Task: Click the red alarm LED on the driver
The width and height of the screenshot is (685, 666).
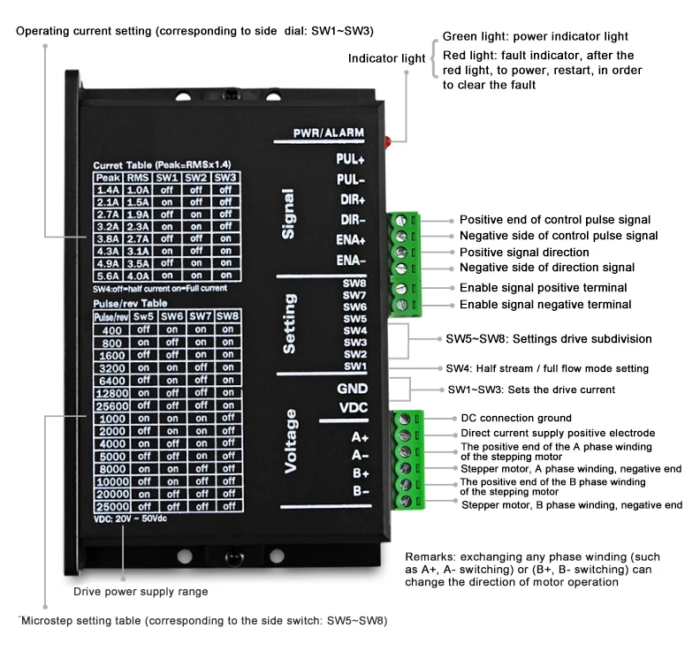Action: click(x=387, y=142)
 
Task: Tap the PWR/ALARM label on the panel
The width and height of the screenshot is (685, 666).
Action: click(x=329, y=133)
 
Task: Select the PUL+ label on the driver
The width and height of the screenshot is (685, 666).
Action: click(x=350, y=159)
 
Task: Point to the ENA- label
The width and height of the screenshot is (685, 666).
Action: click(x=351, y=261)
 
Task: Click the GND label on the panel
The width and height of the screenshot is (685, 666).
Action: click(x=352, y=389)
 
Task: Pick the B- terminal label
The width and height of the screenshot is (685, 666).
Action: click(x=362, y=491)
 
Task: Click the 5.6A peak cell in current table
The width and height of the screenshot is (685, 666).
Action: click(x=108, y=276)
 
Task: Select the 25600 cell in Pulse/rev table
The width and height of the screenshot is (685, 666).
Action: click(x=112, y=406)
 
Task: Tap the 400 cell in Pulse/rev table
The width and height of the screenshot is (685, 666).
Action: click(x=112, y=330)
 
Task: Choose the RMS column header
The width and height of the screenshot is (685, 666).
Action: click(x=138, y=178)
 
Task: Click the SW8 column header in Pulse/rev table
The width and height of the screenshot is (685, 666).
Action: click(x=228, y=316)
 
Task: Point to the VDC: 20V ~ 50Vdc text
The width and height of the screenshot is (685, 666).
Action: click(x=130, y=518)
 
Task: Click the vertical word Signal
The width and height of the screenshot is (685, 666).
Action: click(x=288, y=214)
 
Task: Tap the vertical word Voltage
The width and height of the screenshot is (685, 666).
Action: click(x=291, y=442)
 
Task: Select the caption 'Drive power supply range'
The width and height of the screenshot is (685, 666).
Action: click(x=141, y=592)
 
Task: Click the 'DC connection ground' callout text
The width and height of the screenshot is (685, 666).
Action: click(x=516, y=418)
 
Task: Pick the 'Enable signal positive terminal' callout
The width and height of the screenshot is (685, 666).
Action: click(x=543, y=288)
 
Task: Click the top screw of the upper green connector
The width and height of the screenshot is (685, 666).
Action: click(x=400, y=221)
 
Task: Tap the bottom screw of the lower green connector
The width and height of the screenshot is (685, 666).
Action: click(x=406, y=501)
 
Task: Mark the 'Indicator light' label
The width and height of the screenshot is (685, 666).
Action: click(x=386, y=58)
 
